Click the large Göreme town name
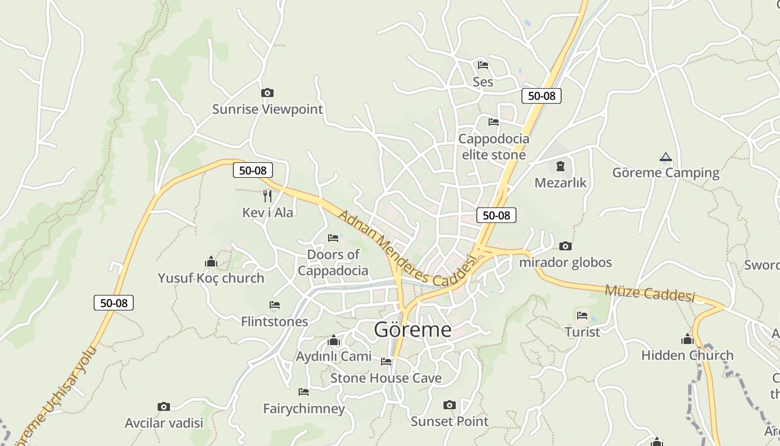click(412, 329)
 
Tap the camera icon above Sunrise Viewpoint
click(267, 93)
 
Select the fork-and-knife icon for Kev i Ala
click(267, 196)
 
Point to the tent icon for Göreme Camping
click(665, 157)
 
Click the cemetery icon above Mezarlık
click(560, 166)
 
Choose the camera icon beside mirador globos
click(565, 246)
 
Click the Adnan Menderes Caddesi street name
click(407, 248)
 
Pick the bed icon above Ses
click(483, 65)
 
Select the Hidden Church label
click(687, 355)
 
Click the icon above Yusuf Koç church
click(211, 261)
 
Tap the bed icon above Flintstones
click(274, 305)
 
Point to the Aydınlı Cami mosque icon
click(334, 340)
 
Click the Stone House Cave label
click(386, 378)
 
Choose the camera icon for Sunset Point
click(449, 405)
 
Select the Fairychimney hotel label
click(304, 409)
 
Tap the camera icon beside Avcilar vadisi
click(163, 406)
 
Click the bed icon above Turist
click(582, 316)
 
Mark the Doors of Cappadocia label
click(333, 263)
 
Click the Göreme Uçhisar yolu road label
click(56, 396)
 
